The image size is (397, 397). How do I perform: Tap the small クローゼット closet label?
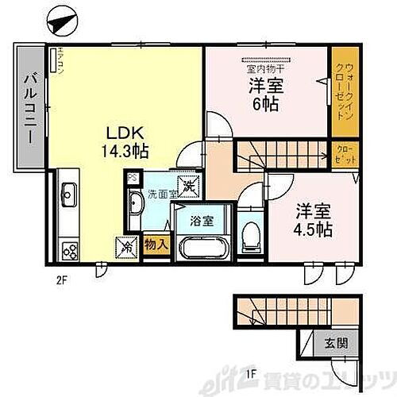click(x=347, y=153)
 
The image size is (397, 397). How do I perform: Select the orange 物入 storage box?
click(x=156, y=245)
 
